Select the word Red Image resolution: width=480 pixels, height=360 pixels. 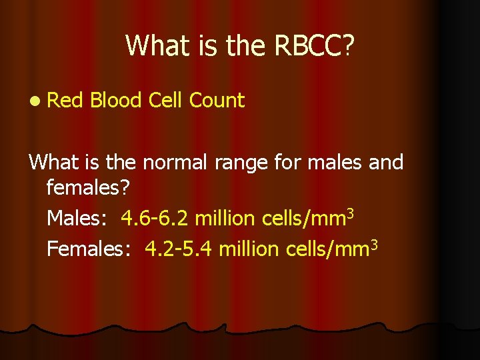[x=64, y=101]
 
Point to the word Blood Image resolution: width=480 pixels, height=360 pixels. [x=116, y=101]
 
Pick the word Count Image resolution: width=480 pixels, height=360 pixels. [x=217, y=101]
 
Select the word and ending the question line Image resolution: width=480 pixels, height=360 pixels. [x=385, y=162]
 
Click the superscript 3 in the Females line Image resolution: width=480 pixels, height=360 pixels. [x=374, y=243]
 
